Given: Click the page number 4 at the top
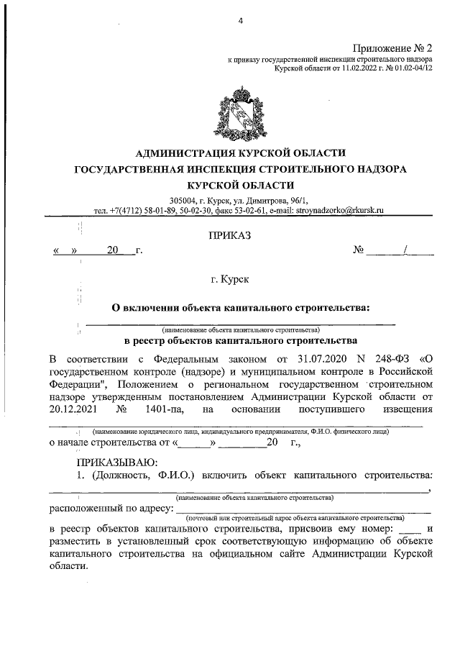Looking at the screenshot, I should pyautogui.click(x=241, y=21).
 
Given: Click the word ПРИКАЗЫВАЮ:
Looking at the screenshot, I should pyautogui.click(x=114, y=462).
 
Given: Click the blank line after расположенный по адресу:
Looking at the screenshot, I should pyautogui.click(x=302, y=511).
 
